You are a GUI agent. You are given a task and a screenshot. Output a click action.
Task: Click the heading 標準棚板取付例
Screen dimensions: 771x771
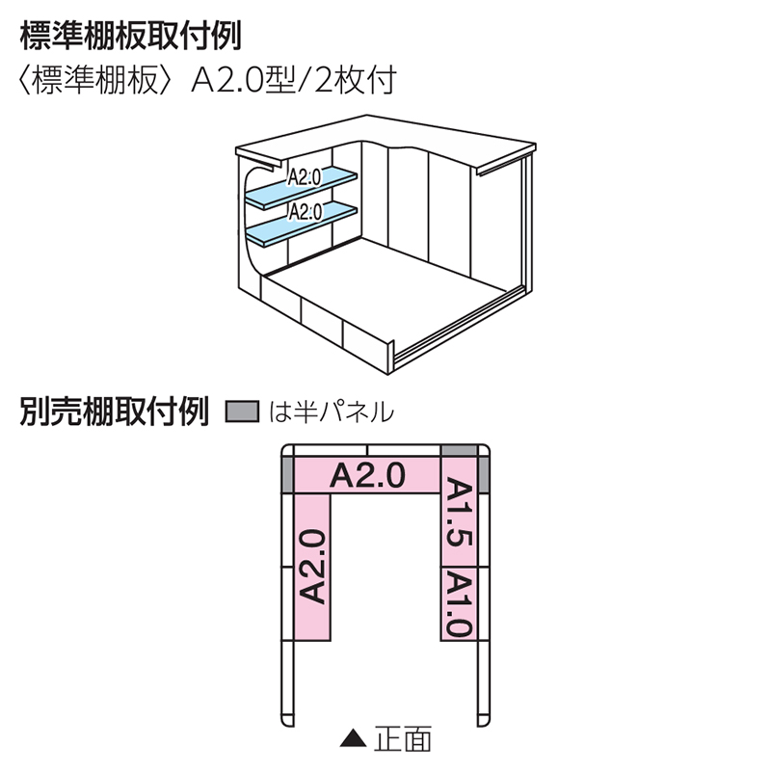point(131,35)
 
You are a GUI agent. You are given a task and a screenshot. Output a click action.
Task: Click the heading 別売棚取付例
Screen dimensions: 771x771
point(115,412)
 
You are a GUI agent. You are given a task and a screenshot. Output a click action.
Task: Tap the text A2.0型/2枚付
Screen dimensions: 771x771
point(294,80)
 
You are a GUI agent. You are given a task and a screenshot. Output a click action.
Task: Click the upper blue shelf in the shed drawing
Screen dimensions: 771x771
point(302,188)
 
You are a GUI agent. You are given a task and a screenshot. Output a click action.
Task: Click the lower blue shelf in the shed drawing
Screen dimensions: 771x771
point(302,226)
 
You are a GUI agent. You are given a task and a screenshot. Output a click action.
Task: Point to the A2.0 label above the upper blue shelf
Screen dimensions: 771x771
point(305,177)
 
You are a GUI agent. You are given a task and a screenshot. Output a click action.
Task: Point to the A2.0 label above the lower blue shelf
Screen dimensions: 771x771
point(306,212)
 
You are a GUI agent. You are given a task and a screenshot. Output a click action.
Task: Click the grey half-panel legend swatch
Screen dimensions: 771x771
point(242,412)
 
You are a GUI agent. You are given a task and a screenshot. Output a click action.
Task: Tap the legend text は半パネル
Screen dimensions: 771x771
point(332,412)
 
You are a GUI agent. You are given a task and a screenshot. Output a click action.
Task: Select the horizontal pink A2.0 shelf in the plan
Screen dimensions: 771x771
point(367,475)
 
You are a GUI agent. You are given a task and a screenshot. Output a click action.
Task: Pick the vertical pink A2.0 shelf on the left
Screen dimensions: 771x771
point(311,567)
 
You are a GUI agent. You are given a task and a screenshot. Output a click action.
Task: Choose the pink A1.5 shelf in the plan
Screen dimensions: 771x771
point(459,512)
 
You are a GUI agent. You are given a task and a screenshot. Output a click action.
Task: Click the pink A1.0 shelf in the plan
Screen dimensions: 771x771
point(459,604)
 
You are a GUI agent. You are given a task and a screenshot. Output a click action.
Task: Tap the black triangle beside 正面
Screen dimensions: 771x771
point(354,738)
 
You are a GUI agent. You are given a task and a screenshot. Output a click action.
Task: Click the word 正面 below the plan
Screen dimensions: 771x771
point(403,738)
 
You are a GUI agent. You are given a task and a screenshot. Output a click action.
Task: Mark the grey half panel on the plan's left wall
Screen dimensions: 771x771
point(287,475)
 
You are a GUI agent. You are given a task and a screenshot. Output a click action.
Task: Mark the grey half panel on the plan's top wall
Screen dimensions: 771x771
point(459,450)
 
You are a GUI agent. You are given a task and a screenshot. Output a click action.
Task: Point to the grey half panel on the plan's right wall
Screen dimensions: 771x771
point(484,475)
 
